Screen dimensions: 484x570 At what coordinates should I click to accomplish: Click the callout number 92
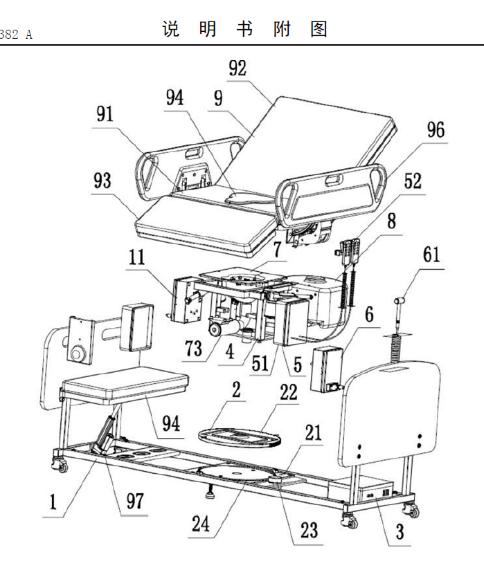tap(237, 68)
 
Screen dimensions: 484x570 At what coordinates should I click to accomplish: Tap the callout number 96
tap(436, 130)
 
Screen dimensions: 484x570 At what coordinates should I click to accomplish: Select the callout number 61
tap(431, 255)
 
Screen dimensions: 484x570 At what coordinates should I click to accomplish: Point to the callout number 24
tap(201, 524)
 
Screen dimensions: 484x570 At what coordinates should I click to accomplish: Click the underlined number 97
tap(135, 501)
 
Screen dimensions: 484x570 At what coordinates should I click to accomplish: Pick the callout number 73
tap(194, 348)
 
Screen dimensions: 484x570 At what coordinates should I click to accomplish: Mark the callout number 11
tap(136, 257)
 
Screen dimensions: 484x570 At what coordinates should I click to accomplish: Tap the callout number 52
tap(413, 181)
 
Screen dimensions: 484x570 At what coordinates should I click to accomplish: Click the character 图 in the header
tap(319, 29)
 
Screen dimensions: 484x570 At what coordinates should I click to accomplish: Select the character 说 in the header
tap(170, 29)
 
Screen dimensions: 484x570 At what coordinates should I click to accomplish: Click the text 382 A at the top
tap(16, 35)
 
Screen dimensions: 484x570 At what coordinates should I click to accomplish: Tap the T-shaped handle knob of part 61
tap(400, 300)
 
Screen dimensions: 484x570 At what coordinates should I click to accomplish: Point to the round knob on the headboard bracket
tap(78, 353)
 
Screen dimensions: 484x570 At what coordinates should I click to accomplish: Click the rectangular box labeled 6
tap(326, 369)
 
